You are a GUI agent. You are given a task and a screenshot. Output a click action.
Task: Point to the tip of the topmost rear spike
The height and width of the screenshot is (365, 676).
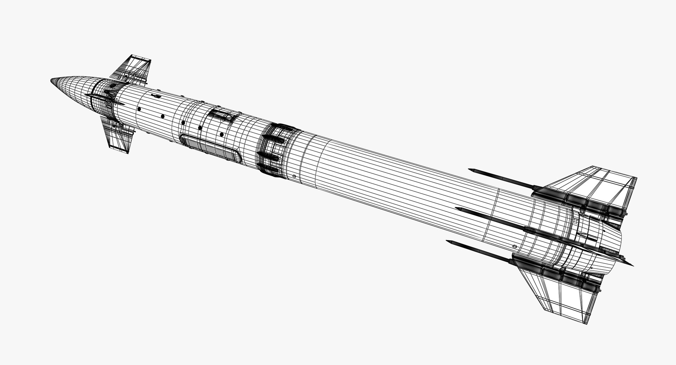click(x=470, y=170)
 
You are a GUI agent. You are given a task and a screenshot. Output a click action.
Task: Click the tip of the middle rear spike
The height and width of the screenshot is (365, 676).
click(x=456, y=208)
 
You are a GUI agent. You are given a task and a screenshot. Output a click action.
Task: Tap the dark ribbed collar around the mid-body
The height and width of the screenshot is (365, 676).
click(x=275, y=148)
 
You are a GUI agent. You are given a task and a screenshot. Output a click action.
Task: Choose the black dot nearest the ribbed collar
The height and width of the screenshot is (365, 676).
click(x=221, y=134)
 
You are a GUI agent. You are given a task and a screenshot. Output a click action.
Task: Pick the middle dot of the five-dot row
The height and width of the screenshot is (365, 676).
click(x=183, y=122)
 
